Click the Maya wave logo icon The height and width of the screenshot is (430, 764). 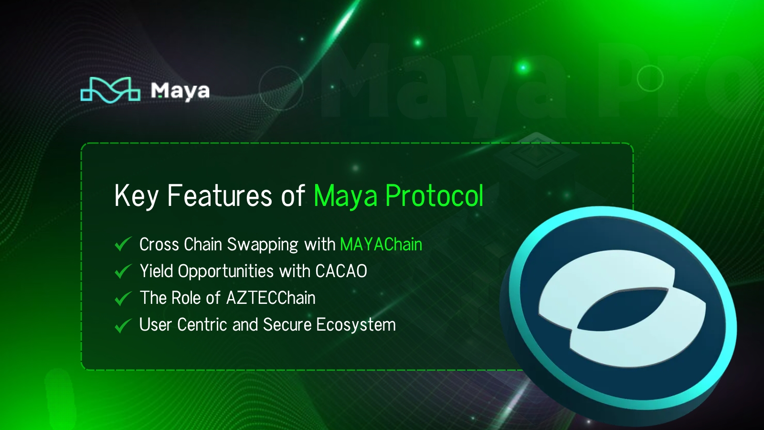(x=110, y=90)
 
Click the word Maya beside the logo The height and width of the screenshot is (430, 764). (x=180, y=91)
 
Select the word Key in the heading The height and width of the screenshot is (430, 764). (x=136, y=196)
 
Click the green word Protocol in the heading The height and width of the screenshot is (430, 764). (x=434, y=196)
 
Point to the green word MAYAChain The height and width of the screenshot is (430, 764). (x=381, y=245)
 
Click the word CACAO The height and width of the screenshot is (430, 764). (x=341, y=271)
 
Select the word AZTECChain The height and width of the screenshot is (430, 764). (x=271, y=298)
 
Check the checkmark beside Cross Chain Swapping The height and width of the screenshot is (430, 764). (x=123, y=244)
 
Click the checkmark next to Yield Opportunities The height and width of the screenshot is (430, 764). (x=123, y=271)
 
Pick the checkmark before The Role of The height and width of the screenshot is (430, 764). (x=123, y=298)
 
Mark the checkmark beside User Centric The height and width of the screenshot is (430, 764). (x=123, y=325)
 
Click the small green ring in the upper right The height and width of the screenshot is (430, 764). (x=650, y=78)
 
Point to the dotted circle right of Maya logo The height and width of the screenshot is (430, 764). (x=281, y=88)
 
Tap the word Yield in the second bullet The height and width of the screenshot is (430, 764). (x=156, y=271)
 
